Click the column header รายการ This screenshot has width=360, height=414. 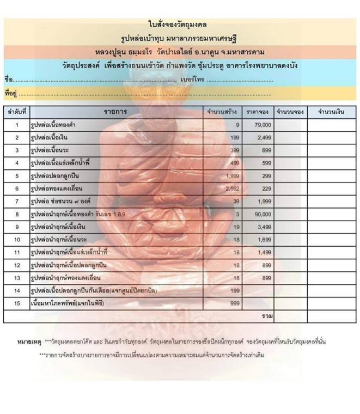click(x=115, y=112)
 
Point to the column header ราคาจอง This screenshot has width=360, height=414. click(x=257, y=112)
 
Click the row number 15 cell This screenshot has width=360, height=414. click(x=17, y=303)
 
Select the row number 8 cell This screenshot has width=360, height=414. click(x=17, y=214)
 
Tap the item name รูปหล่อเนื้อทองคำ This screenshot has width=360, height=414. click(x=53, y=125)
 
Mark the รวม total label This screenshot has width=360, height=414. click(x=267, y=316)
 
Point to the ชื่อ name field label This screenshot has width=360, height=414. click(x=8, y=80)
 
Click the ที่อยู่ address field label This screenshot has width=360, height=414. click(x=10, y=93)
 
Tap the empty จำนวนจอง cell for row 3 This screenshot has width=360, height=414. click(x=289, y=150)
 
